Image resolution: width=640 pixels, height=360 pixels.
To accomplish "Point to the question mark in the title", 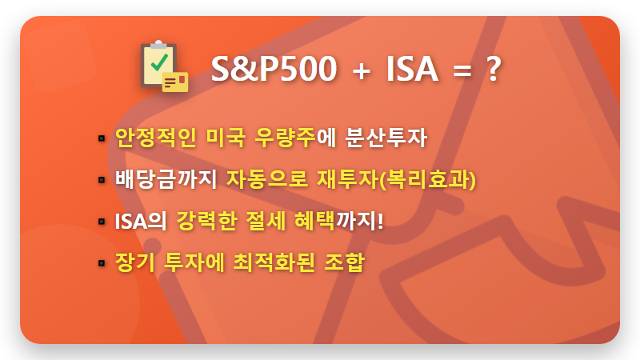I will (x=494, y=70).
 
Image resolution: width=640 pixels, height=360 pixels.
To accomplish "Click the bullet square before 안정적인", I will (x=102, y=138).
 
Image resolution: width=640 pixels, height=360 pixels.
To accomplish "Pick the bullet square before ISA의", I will (x=102, y=221).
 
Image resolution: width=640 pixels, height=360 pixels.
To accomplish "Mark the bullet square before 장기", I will (x=102, y=262).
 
